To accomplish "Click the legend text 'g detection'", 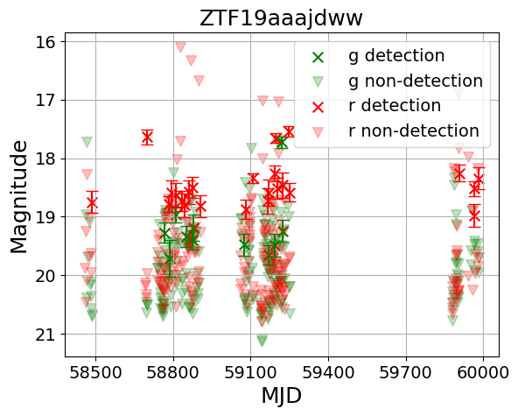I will point(396,56).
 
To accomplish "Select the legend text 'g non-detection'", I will point(416,81).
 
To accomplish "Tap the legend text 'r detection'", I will point(395,106).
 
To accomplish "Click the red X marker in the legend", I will point(318,106).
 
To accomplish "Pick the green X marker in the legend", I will point(318,56).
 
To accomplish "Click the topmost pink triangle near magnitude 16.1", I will point(180,47).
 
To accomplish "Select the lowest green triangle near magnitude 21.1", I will point(262,341).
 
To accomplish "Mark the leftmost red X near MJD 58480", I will point(92,202).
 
